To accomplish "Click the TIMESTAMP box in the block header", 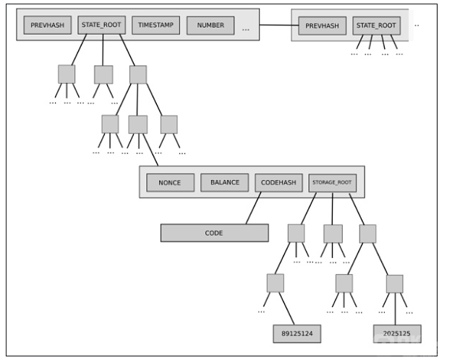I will click(x=155, y=25).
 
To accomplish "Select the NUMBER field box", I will click(x=210, y=25).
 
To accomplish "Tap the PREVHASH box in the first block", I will click(x=47, y=25).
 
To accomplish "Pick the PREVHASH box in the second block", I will click(x=322, y=26).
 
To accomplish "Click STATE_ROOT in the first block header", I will click(x=101, y=25).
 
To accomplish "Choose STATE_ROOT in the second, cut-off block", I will click(x=377, y=26).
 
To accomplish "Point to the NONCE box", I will click(x=170, y=183).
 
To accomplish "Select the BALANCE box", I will click(x=224, y=183).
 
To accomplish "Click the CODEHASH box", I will click(x=278, y=183).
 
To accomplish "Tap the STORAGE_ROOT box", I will click(x=332, y=183).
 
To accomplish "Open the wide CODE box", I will click(x=214, y=233).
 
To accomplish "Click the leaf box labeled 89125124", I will click(x=297, y=333).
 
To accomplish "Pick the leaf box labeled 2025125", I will click(x=397, y=333).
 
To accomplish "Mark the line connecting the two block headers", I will click(x=276, y=25).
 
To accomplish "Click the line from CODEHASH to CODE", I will click(x=253, y=208).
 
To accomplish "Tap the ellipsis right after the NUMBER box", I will click(x=246, y=30).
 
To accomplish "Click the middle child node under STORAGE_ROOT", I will click(x=333, y=233).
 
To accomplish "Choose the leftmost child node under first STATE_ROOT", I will click(x=67, y=74).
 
